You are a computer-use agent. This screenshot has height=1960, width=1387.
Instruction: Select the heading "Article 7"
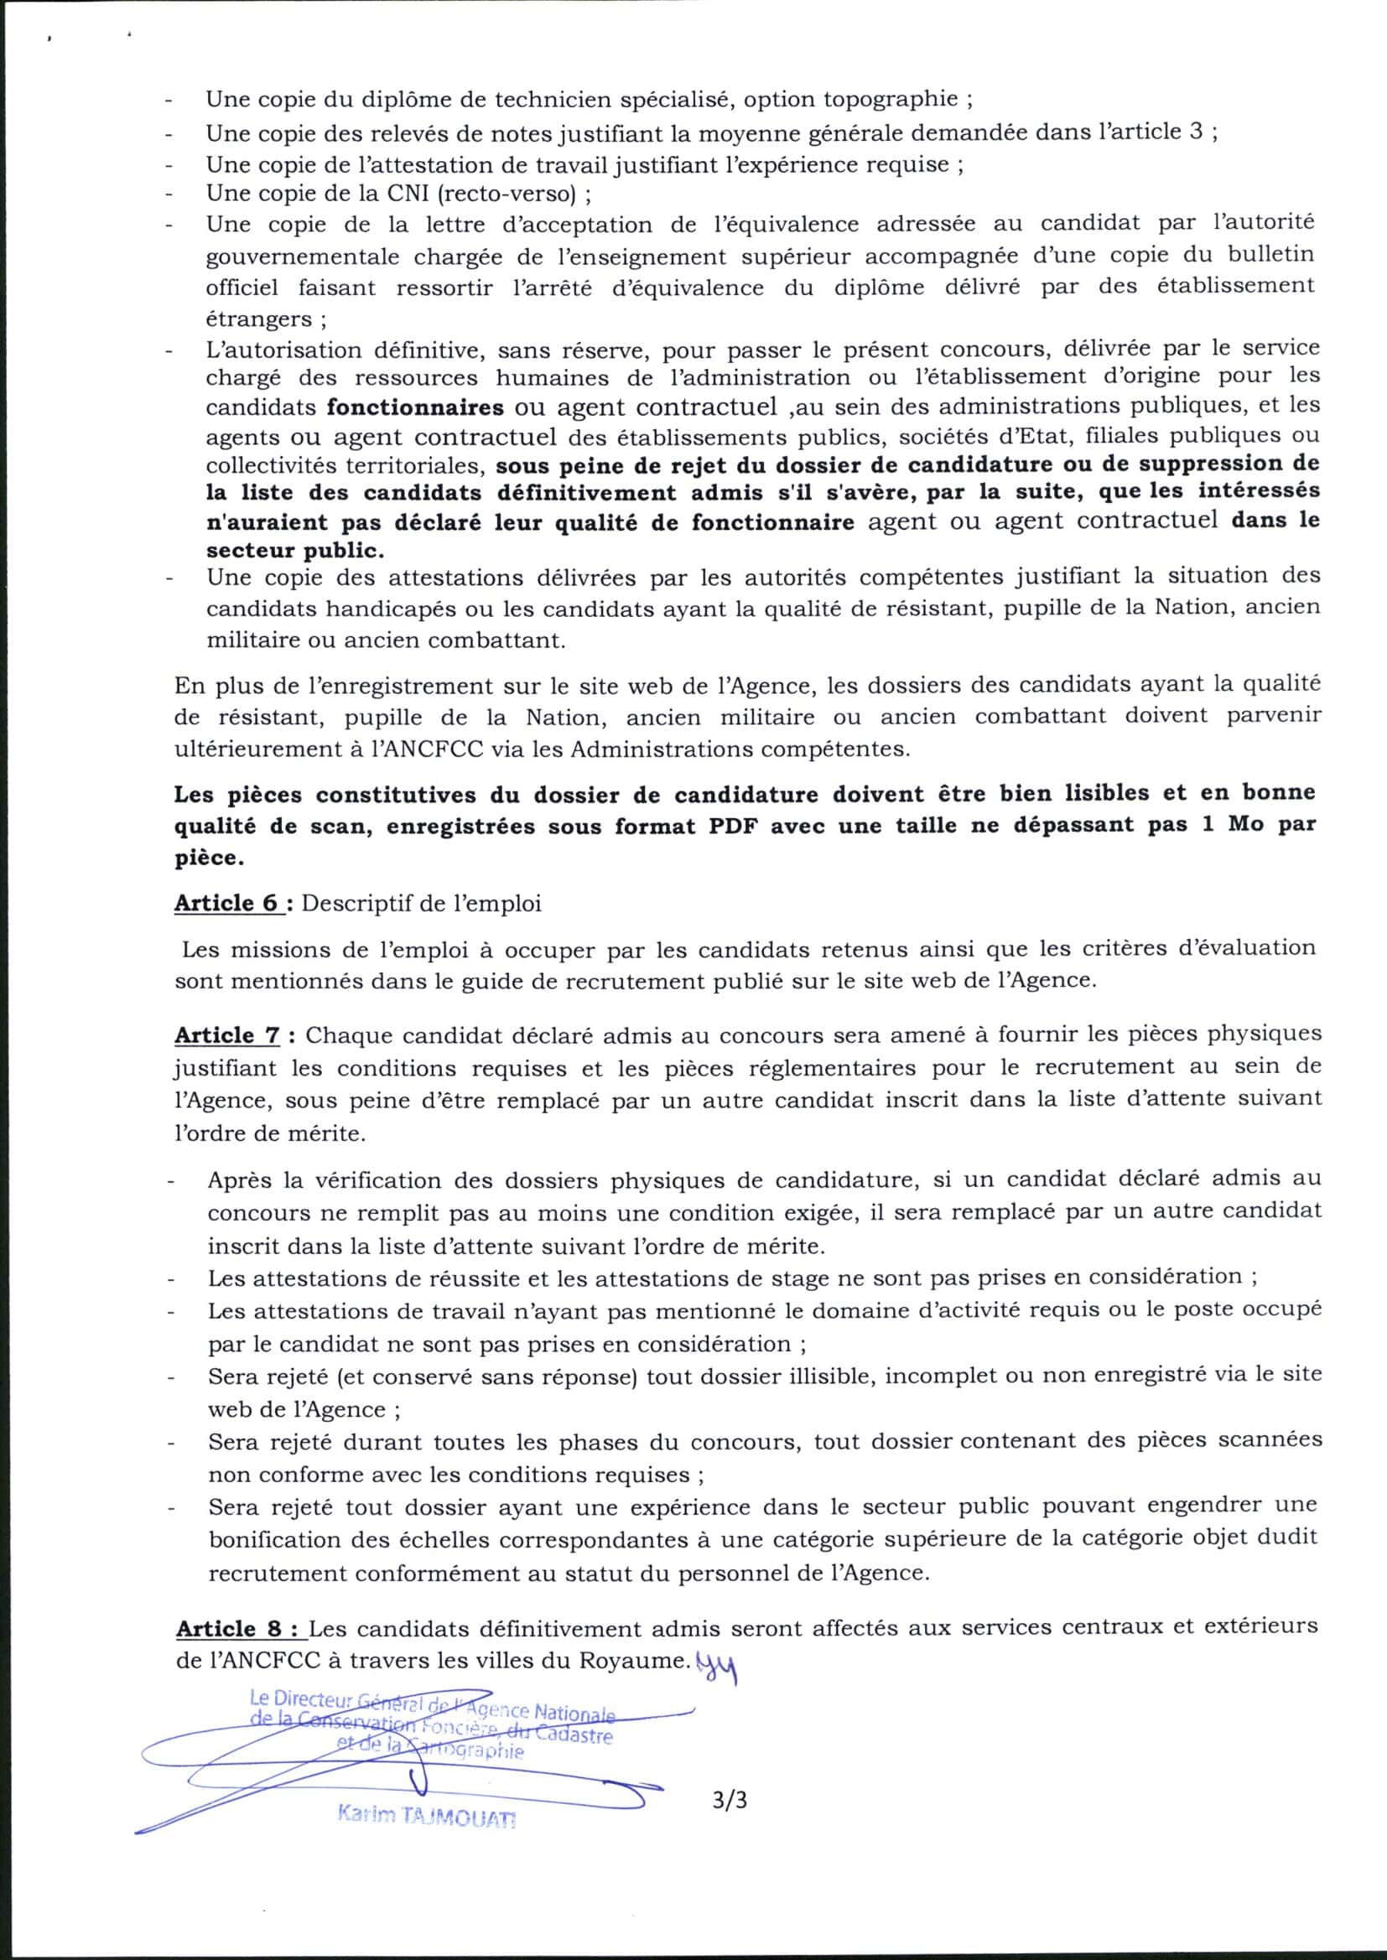coord(227,1035)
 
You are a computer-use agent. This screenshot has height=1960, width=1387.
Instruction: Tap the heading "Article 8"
coord(240,1629)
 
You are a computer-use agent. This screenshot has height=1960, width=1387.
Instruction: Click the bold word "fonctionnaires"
coord(415,407)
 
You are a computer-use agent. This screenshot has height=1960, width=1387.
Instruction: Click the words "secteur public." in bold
coord(294,551)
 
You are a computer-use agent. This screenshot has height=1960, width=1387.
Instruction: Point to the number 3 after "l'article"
coord(1196,132)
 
